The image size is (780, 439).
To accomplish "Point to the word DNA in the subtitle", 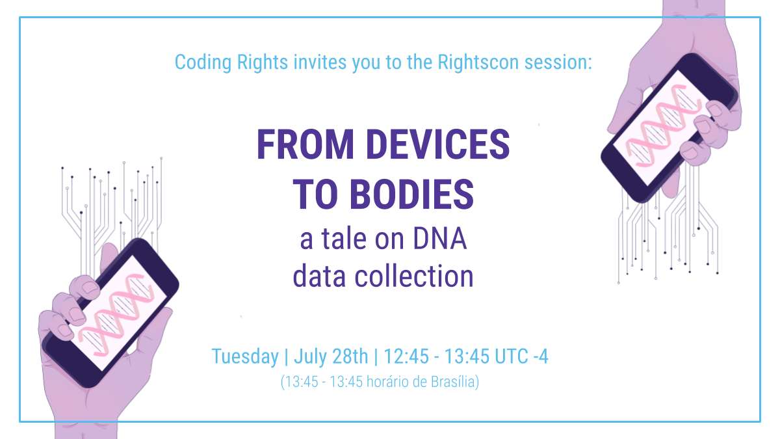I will point(440,240).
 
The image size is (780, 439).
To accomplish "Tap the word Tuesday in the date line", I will point(244,356).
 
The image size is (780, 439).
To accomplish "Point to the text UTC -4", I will point(519,356).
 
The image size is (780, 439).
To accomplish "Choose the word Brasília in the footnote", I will point(454,382).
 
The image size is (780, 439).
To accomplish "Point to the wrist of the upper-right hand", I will point(692,13).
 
